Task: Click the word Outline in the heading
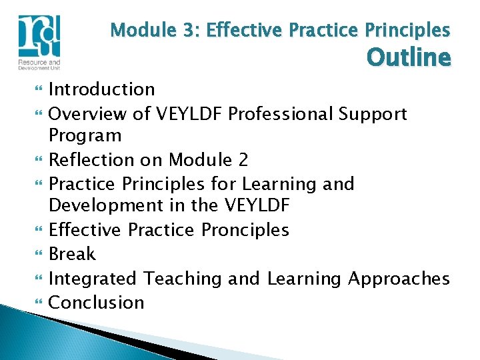409,58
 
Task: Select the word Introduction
102,89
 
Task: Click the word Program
85,136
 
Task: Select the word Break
73,254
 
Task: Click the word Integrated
94,278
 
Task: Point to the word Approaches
399,278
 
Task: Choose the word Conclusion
97,302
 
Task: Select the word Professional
281,114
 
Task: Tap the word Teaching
183,278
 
